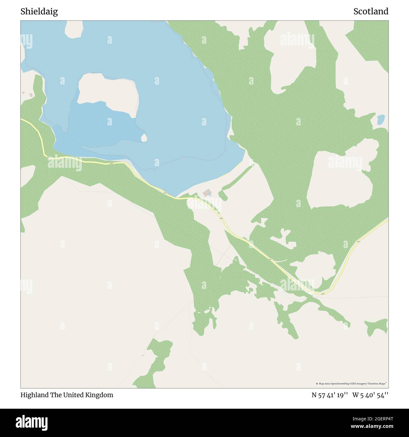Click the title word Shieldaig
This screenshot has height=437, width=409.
(x=39, y=12)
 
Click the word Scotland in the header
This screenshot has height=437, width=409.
(x=371, y=12)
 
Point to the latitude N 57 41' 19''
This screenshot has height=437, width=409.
(x=329, y=395)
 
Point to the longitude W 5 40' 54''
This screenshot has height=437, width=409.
(x=370, y=395)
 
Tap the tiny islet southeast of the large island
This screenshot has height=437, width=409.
(x=144, y=137)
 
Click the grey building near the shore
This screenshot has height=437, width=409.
(x=207, y=193)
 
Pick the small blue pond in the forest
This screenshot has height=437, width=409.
(x=381, y=119)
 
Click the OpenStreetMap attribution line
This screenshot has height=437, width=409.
(x=351, y=384)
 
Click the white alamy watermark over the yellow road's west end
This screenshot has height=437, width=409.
(x=64, y=163)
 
